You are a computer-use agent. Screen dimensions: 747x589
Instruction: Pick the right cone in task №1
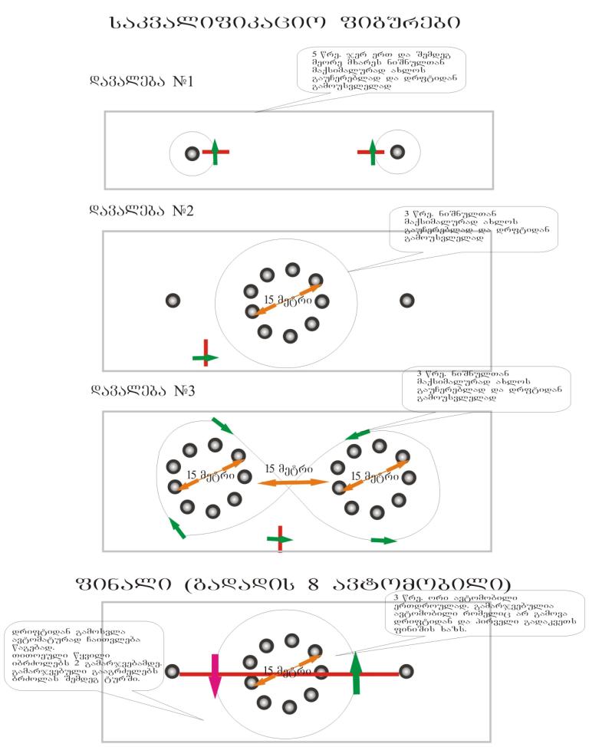397,153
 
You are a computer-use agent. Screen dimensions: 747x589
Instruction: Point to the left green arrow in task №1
216,152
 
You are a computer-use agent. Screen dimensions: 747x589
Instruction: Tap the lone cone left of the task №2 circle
173,301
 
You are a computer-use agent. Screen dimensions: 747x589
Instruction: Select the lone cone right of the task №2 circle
406,300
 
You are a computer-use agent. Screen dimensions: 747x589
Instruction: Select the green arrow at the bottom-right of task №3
383,541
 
